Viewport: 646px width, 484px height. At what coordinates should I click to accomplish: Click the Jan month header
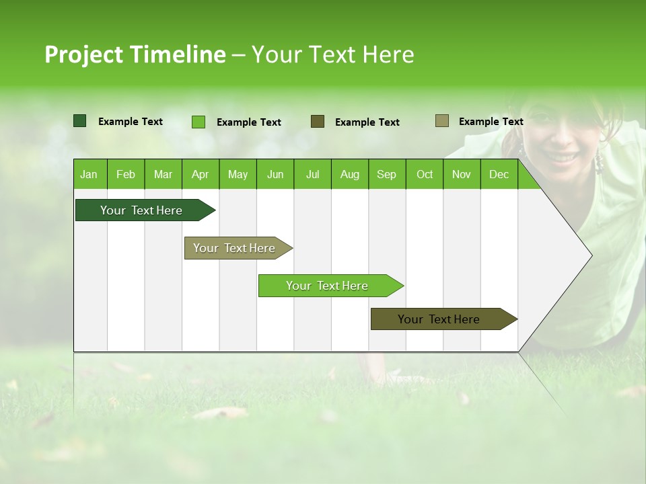click(x=89, y=175)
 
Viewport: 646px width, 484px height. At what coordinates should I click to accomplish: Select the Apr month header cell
click(x=200, y=175)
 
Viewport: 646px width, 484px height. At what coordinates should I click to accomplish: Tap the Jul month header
click(x=312, y=175)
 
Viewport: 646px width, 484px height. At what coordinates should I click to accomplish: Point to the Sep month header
click(x=386, y=175)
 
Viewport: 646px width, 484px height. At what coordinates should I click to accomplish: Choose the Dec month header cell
click(x=499, y=175)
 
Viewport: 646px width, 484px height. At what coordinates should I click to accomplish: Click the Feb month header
click(x=126, y=175)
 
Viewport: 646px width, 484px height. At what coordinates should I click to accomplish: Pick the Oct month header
click(x=425, y=175)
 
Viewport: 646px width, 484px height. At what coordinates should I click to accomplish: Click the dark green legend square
click(x=80, y=121)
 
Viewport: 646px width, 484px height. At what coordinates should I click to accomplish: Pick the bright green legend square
click(x=199, y=122)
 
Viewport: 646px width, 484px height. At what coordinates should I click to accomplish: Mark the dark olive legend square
click(x=318, y=122)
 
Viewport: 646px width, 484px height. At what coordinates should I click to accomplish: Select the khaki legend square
click(x=442, y=121)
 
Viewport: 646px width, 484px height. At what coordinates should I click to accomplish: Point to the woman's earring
click(x=598, y=162)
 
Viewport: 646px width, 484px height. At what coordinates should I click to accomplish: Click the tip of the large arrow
click(x=591, y=255)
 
